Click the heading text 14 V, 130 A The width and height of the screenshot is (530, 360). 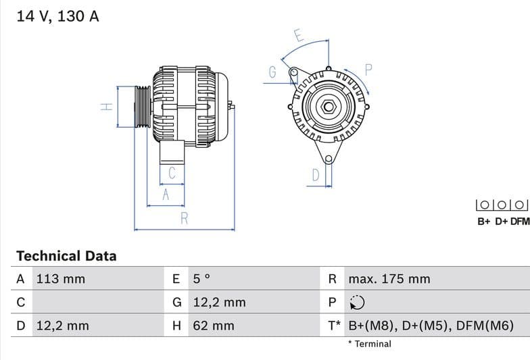(x=57, y=16)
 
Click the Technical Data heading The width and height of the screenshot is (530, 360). (x=66, y=256)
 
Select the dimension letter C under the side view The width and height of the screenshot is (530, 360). (x=172, y=173)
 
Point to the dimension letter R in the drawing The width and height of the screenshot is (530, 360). (x=184, y=218)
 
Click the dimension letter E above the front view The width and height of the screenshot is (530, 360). (x=298, y=35)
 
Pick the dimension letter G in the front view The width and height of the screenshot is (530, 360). (x=273, y=72)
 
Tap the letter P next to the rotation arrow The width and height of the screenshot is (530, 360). (x=369, y=69)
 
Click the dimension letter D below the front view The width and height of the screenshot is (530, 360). (x=315, y=176)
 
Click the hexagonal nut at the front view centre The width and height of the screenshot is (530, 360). (x=328, y=107)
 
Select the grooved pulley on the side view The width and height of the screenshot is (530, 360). (x=143, y=107)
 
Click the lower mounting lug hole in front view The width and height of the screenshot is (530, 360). (x=329, y=159)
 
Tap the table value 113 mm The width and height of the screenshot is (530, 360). (x=60, y=279)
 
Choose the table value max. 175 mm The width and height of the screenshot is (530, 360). (x=389, y=279)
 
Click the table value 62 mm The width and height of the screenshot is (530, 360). (x=214, y=326)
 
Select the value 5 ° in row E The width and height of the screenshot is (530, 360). (x=202, y=279)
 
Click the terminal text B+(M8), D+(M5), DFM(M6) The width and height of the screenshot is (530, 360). (x=431, y=326)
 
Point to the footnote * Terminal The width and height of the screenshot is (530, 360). (x=369, y=344)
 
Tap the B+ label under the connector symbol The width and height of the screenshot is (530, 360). (x=484, y=221)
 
